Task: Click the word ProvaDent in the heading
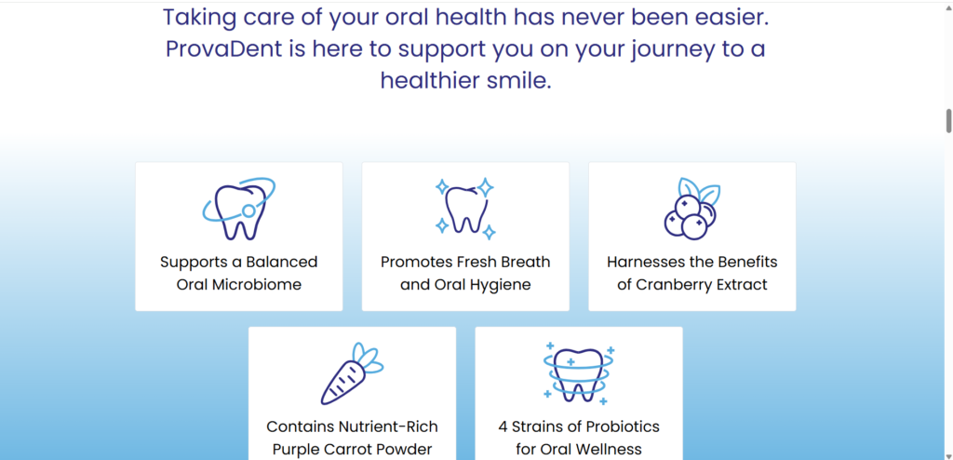pyautogui.click(x=223, y=49)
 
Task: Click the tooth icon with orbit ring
pyautogui.click(x=239, y=209)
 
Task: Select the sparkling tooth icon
pyautogui.click(x=465, y=209)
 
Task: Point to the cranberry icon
pyautogui.click(x=692, y=208)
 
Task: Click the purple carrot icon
pyautogui.click(x=352, y=373)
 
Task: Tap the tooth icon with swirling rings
pyautogui.click(x=579, y=373)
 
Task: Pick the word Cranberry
pyautogui.click(x=673, y=285)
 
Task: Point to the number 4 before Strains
pyautogui.click(x=503, y=426)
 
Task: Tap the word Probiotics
pyautogui.click(x=621, y=426)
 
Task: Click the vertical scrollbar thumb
pyautogui.click(x=948, y=120)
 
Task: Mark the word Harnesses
pyautogui.click(x=644, y=262)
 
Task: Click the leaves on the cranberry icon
pyautogui.click(x=700, y=191)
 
